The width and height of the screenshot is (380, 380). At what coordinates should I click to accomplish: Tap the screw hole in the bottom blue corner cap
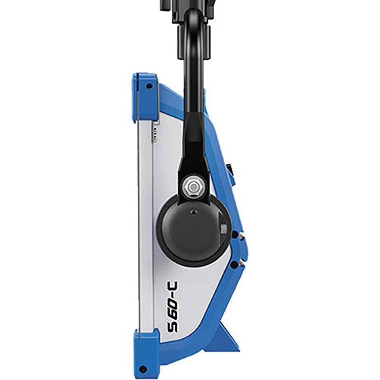click(x=142, y=366)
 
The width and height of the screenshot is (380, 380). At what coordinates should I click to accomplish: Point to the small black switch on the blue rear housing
click(x=230, y=168)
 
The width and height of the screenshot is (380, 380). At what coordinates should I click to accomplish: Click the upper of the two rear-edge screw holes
click(x=234, y=233)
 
